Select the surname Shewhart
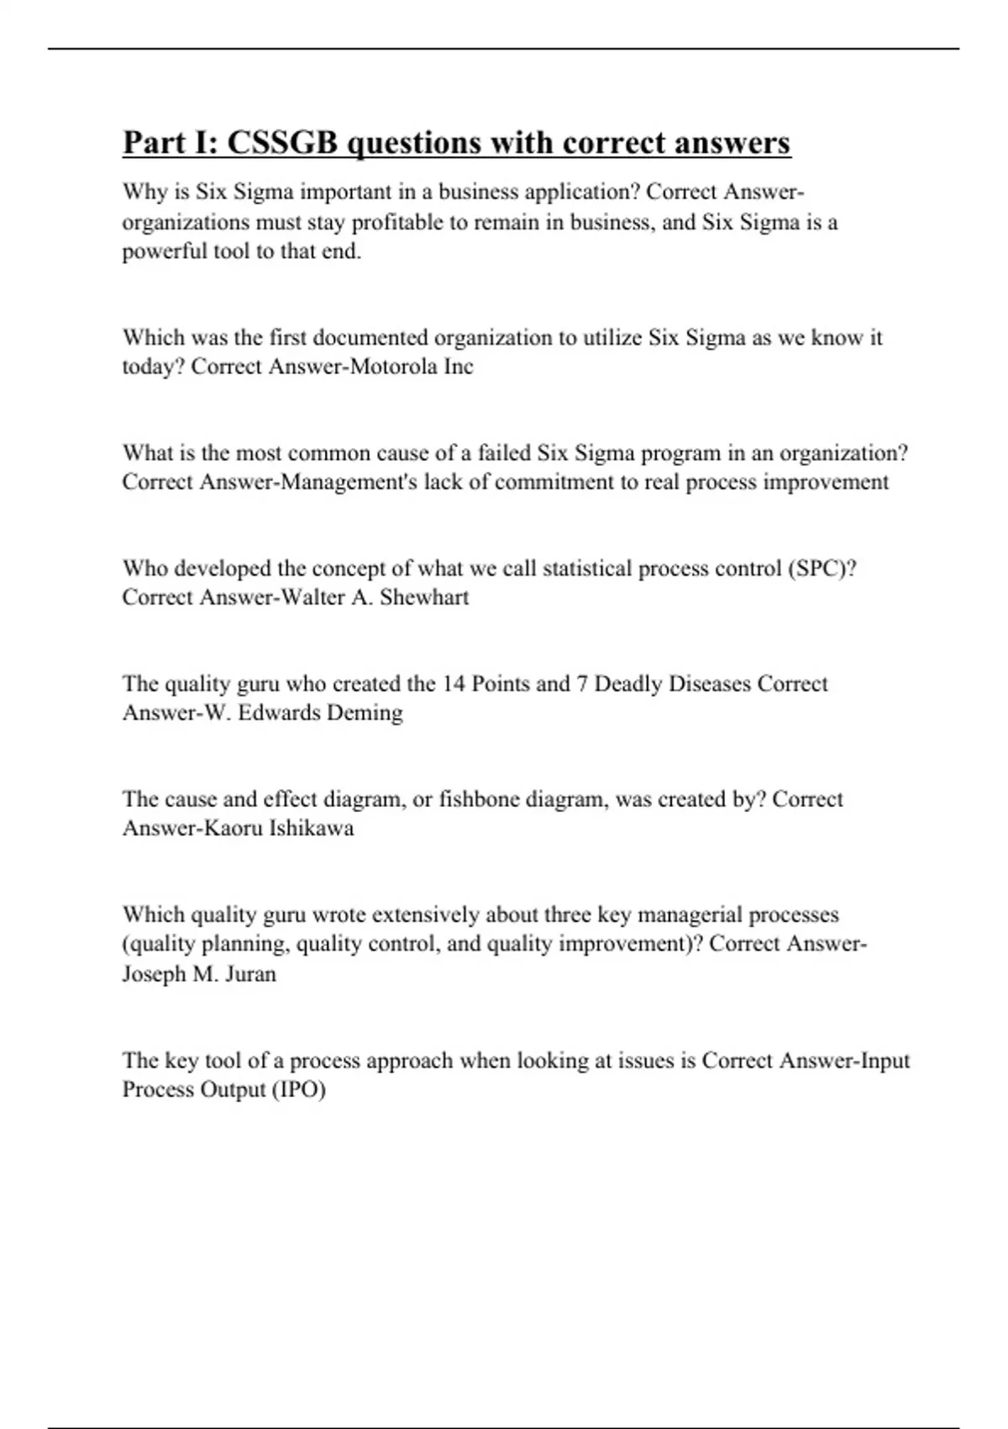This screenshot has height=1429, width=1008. coord(424,598)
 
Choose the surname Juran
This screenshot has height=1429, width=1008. coord(250,974)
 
